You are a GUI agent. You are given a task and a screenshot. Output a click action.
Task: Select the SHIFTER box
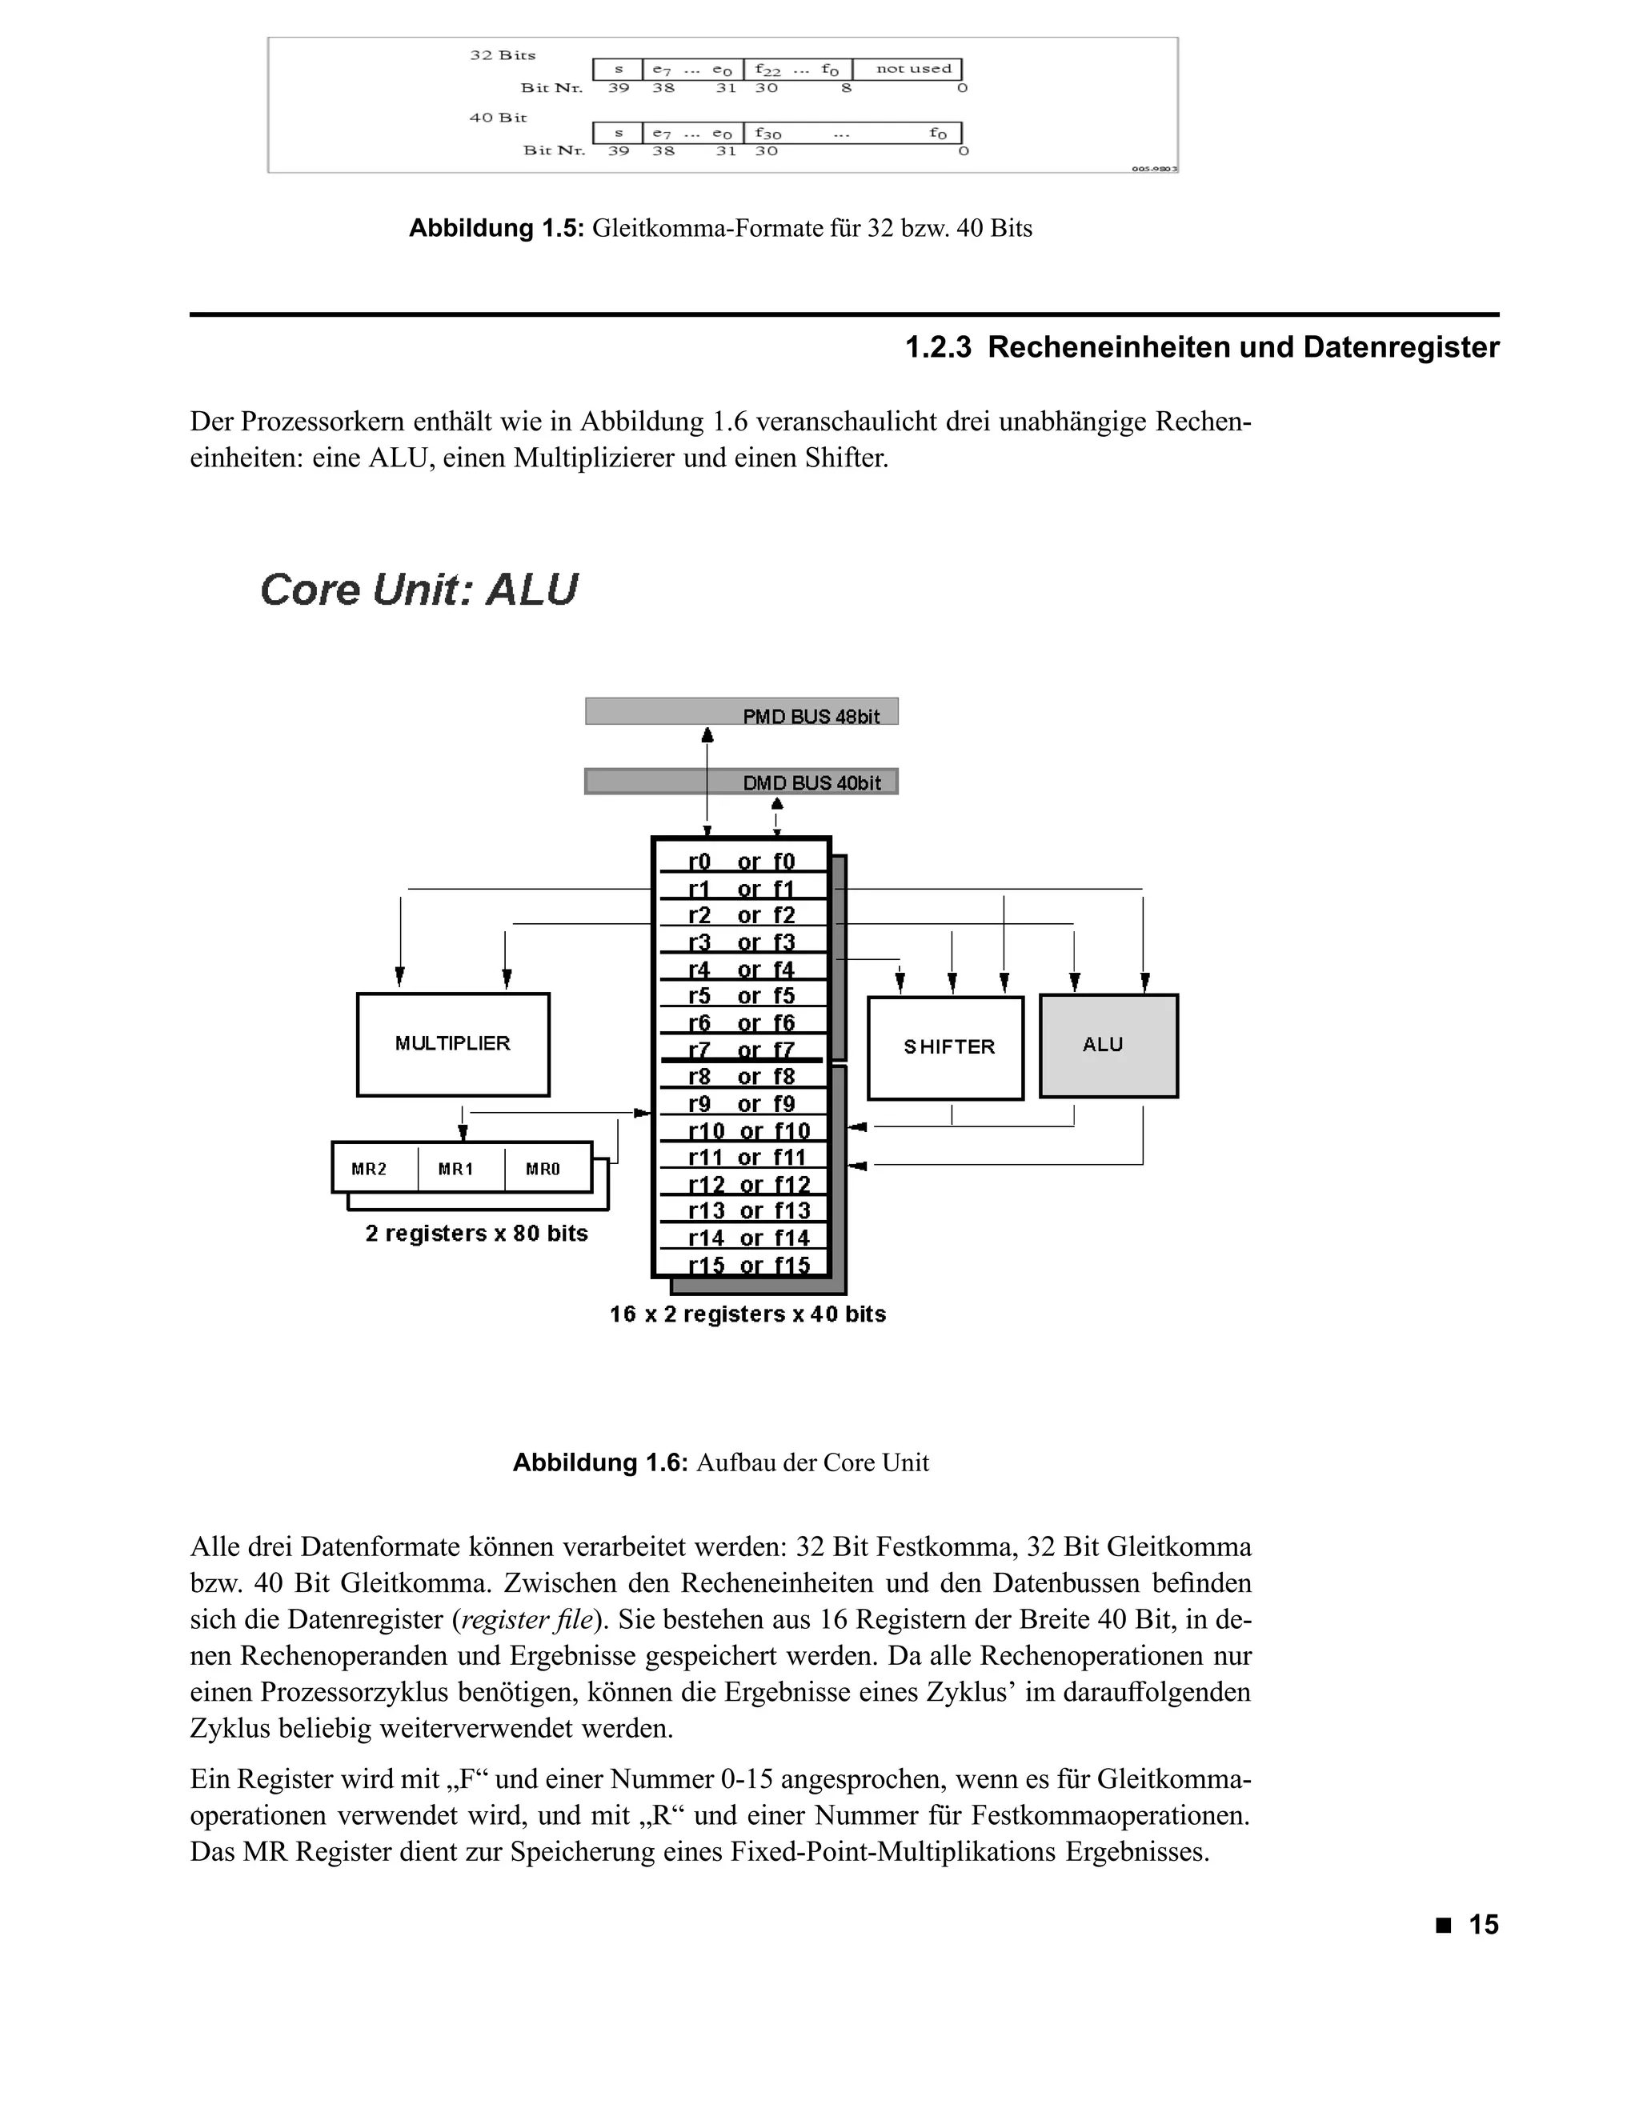click(x=946, y=1047)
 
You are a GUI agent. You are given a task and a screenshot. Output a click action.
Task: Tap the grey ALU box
click(x=1108, y=1046)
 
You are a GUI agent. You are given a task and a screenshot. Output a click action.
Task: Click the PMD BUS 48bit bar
click(x=741, y=711)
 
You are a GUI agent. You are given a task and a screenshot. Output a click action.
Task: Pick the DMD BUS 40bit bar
click(x=741, y=782)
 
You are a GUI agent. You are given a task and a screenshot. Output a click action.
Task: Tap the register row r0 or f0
click(x=741, y=861)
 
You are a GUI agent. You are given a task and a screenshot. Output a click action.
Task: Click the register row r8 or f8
click(x=741, y=1077)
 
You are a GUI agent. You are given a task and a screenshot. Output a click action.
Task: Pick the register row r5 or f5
click(x=741, y=996)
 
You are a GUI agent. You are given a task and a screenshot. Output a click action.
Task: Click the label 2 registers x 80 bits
click(x=476, y=1233)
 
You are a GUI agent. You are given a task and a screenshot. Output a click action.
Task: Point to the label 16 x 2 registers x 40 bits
click(x=747, y=1314)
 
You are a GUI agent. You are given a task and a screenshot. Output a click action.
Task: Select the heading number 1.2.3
click(x=938, y=347)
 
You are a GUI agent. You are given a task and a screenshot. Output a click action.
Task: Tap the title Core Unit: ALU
click(x=419, y=590)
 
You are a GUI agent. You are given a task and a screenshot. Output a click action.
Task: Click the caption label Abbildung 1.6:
click(x=599, y=1463)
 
